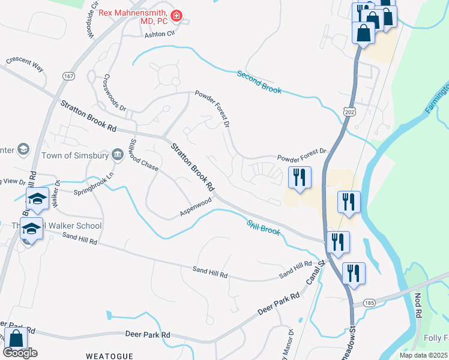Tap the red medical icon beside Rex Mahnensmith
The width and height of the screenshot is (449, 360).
point(177,14)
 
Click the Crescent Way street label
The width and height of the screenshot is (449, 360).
point(25,63)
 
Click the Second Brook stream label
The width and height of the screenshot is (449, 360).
point(259,82)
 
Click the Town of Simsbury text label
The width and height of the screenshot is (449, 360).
point(74,156)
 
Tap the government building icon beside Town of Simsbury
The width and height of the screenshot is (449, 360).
point(117,156)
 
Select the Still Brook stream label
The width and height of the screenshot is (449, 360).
point(264,226)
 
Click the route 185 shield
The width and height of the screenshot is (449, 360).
point(369,304)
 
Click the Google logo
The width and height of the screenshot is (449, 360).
point(20,353)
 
